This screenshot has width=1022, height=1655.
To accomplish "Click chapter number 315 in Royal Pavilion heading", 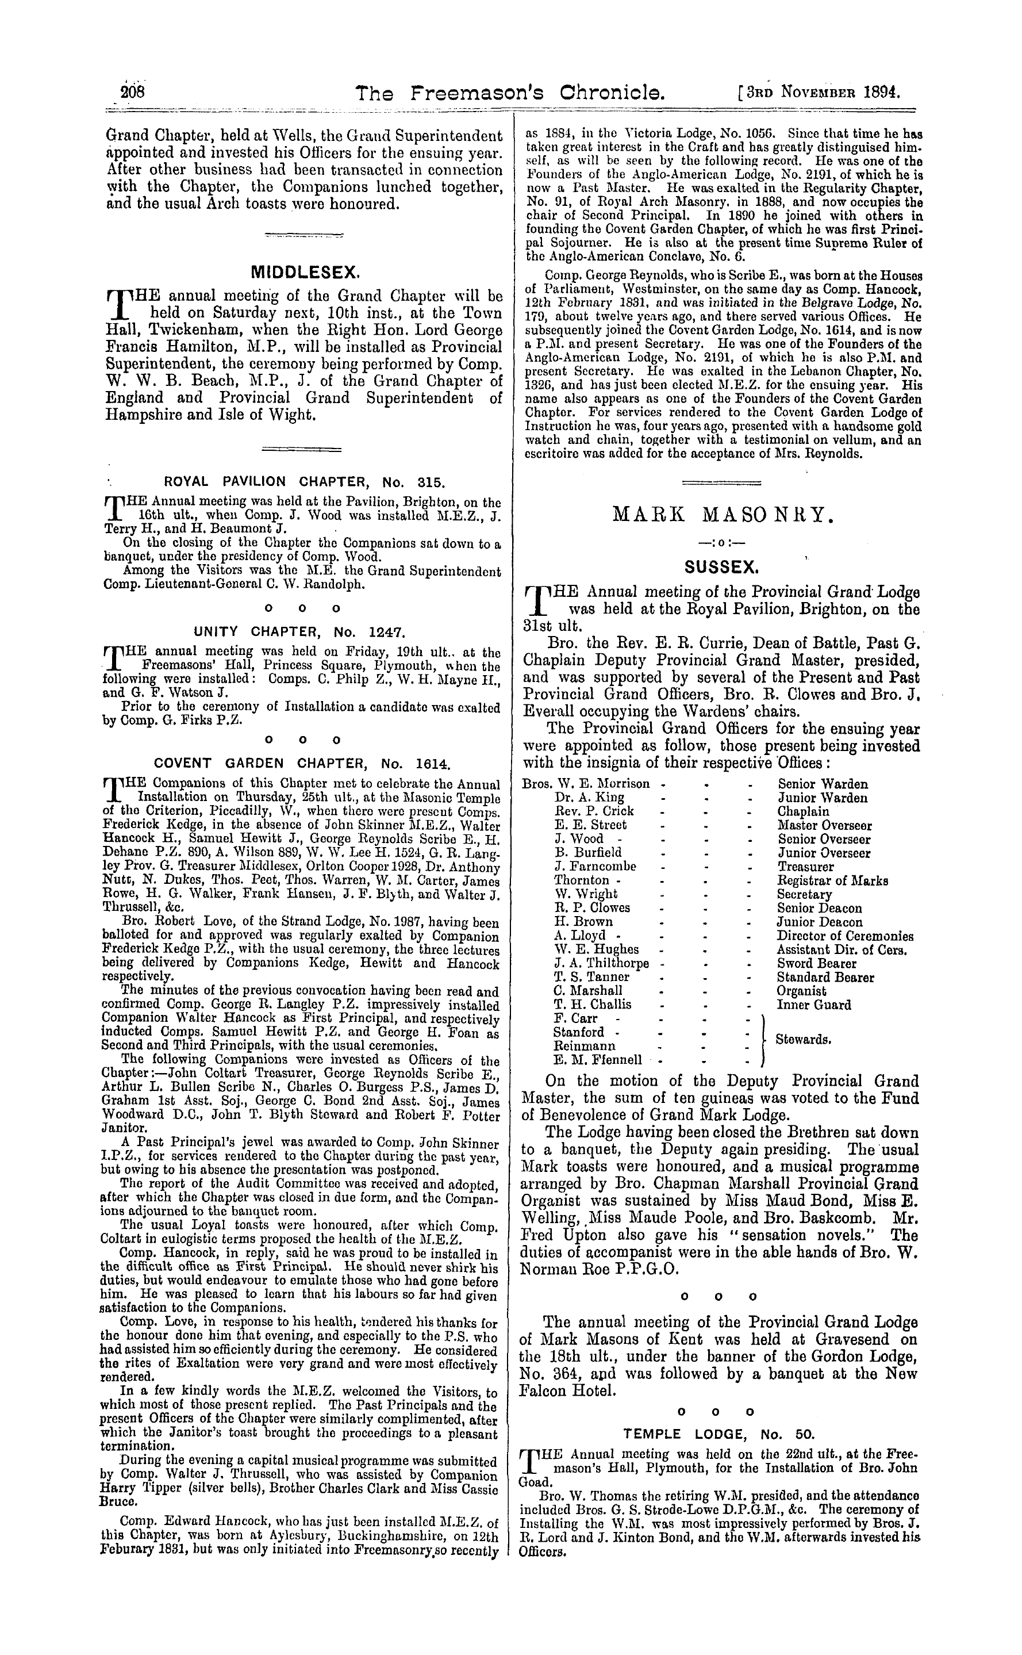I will click(x=430, y=482).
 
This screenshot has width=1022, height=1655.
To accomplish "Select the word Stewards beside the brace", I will click(x=803, y=1040).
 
